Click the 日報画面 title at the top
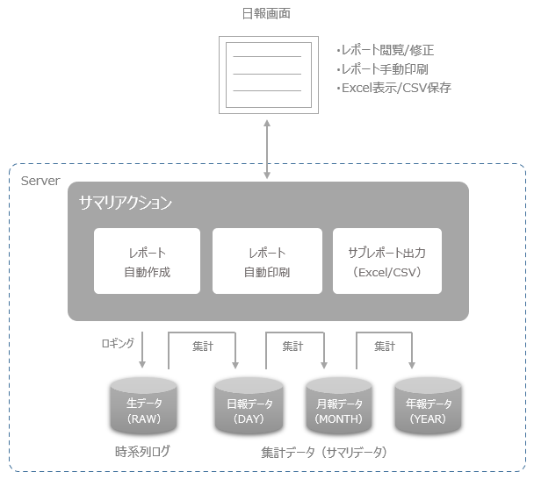coord(266,13)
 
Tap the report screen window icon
coord(267,74)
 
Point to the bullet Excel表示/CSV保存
coord(393,89)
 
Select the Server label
coord(40,181)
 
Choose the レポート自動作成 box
coord(147,261)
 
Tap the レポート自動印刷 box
coord(266,261)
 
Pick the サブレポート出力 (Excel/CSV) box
coord(386,261)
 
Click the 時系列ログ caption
coord(141,451)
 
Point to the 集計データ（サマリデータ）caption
coord(323,453)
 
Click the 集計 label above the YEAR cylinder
coord(384,347)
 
